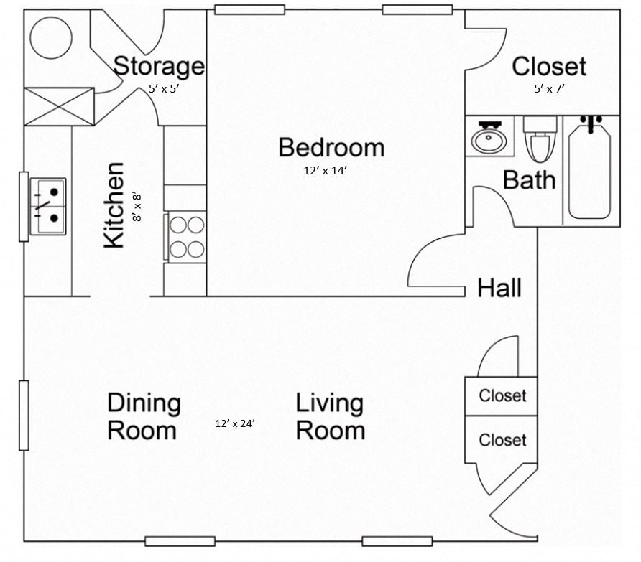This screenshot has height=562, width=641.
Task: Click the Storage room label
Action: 159,66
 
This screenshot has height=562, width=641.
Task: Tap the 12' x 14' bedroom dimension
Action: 330,171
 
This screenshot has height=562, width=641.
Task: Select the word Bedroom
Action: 331,147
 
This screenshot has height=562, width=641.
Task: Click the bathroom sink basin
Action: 489,138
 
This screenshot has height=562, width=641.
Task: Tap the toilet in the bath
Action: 540,139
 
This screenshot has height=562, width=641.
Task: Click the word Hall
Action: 499,289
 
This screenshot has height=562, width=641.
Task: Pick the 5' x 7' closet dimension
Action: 549,88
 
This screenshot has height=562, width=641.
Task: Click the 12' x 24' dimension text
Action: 235,423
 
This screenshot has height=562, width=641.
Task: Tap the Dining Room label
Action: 143,417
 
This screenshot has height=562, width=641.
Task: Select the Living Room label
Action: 330,417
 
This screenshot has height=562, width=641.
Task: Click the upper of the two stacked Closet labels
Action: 502,395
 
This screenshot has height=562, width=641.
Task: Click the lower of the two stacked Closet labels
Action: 502,440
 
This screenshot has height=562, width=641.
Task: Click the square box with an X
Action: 59,106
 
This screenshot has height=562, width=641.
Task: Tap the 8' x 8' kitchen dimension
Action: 137,206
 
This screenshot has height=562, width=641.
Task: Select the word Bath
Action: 529,179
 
